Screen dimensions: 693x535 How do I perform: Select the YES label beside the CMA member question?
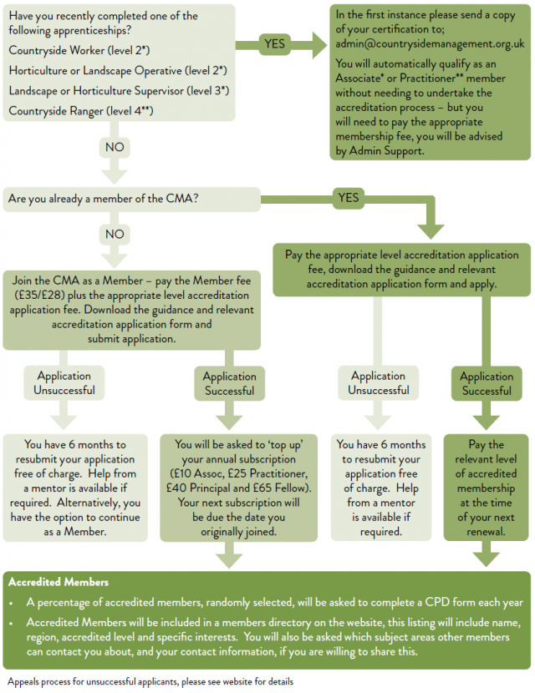click(x=349, y=198)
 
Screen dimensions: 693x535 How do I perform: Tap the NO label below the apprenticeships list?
click(x=115, y=147)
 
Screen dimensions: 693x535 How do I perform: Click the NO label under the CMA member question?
click(x=115, y=235)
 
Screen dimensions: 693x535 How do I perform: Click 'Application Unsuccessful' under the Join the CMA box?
click(x=64, y=382)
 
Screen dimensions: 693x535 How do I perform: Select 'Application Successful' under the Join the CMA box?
click(x=228, y=383)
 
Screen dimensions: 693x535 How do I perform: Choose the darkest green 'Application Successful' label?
click(x=487, y=383)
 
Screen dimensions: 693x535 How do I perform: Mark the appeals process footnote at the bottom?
click(x=150, y=682)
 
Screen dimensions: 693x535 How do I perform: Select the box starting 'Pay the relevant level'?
click(x=486, y=488)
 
